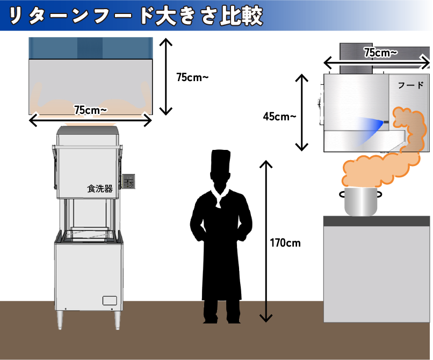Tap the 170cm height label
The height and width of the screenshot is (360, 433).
click(285, 243)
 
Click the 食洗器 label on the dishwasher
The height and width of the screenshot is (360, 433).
click(99, 189)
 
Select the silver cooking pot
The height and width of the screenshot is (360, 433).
click(360, 202)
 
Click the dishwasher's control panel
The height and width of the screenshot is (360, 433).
click(129, 182)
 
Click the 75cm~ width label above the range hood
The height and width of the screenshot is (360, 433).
click(380, 53)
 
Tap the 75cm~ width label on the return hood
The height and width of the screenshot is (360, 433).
click(90, 110)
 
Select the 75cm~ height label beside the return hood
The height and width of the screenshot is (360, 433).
click(192, 77)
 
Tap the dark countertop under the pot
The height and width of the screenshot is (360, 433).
click(376, 221)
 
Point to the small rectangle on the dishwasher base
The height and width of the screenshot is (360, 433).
click(110, 301)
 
